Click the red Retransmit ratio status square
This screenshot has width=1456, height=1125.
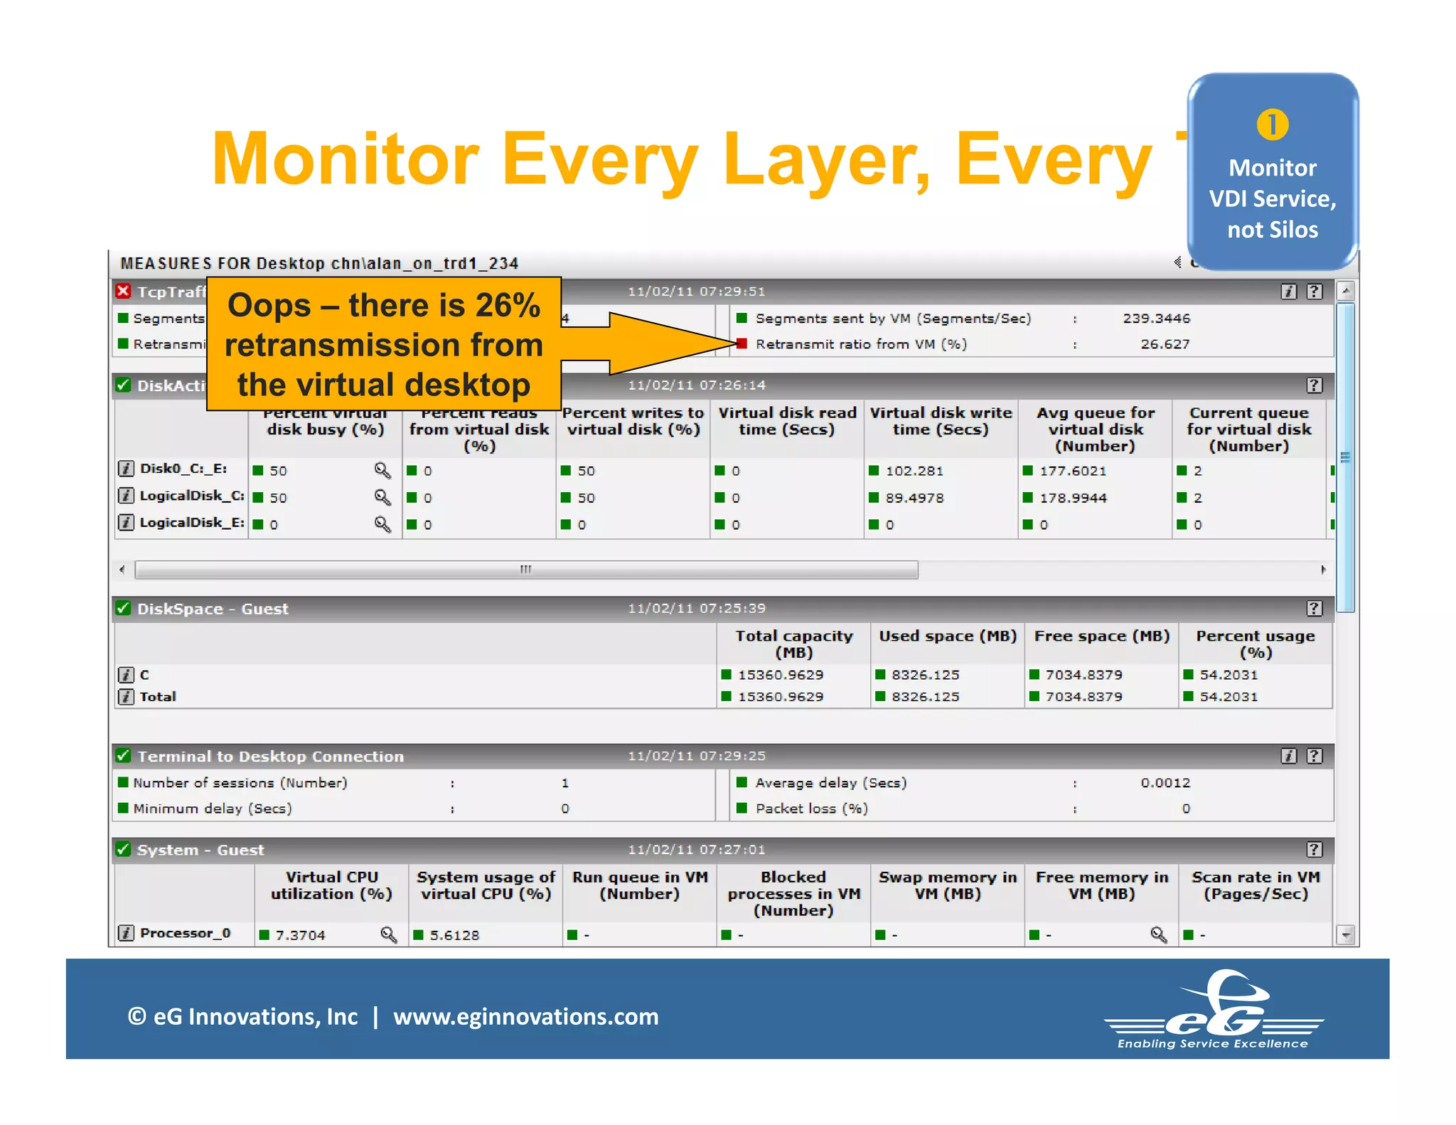742,344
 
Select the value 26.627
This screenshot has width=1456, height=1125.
1165,344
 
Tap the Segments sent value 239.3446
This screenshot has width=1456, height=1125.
1156,319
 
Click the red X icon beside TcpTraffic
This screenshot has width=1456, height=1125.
124,292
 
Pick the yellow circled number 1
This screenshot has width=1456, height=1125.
1272,124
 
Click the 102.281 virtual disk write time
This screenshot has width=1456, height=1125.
914,471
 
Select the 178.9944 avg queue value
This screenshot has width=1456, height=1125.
1073,498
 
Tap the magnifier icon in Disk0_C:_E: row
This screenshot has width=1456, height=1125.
382,471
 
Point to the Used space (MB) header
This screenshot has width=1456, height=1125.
948,636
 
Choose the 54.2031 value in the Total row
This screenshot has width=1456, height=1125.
1228,697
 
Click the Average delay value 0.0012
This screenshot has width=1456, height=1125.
1165,783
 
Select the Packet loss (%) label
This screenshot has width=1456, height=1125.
811,809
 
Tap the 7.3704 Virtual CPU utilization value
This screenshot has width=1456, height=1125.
300,935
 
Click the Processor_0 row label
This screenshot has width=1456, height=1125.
185,933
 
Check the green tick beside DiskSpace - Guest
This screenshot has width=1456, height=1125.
124,609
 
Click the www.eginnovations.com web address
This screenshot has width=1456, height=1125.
525,1017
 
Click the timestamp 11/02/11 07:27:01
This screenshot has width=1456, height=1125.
696,850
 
